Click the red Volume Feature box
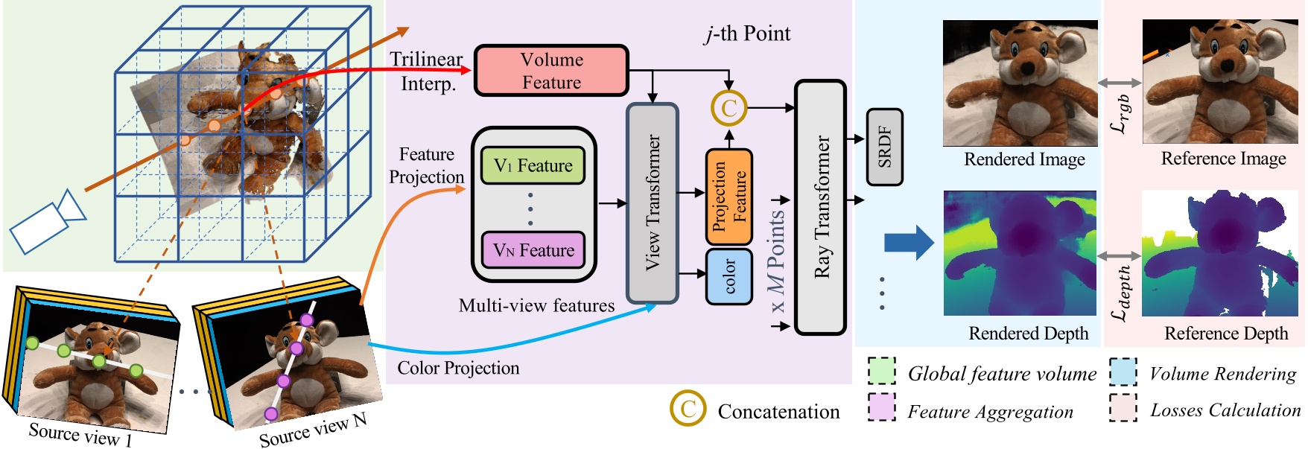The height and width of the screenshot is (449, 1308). [x=551, y=71]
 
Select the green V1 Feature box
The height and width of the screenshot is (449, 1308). [x=533, y=165]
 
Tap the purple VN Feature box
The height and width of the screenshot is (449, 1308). [x=533, y=250]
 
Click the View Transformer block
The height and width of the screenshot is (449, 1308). [x=653, y=203]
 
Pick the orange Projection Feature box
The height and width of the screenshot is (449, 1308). [x=728, y=197]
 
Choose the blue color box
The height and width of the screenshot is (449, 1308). [x=728, y=276]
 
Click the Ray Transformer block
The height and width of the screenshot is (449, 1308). [x=821, y=207]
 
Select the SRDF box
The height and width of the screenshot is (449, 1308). [x=884, y=147]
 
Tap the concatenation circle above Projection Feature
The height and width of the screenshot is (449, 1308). [x=728, y=108]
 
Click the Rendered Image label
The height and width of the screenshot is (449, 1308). [x=1024, y=159]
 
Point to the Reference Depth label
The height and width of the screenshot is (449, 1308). [x=1226, y=334]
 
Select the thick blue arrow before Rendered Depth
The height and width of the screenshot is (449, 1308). [x=908, y=242]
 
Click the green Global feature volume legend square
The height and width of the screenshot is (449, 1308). [x=882, y=372]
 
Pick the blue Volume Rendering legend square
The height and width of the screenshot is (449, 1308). [x=1123, y=372]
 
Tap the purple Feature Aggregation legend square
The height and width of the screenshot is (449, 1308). [x=882, y=407]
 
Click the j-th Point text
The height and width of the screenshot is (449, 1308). [x=747, y=34]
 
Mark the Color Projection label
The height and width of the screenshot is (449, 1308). [x=458, y=368]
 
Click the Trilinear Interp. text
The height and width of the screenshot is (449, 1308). [x=427, y=71]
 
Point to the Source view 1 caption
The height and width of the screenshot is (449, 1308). [x=80, y=433]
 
